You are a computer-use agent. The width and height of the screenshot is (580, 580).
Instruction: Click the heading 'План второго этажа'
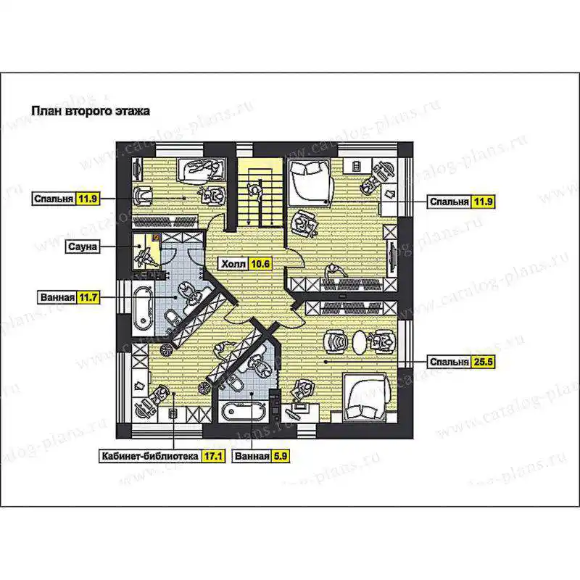[91, 111]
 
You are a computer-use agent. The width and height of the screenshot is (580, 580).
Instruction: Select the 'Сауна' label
[83, 246]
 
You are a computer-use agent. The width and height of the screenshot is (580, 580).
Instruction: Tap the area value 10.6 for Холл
[260, 264]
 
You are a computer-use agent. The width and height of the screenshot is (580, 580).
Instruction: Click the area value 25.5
[483, 361]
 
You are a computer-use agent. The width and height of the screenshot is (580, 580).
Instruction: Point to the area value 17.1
[213, 456]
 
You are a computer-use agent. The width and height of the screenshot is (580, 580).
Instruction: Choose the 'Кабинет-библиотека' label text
[150, 456]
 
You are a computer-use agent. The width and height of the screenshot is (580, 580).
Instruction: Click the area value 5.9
[280, 456]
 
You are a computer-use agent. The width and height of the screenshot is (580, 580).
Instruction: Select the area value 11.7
[88, 297]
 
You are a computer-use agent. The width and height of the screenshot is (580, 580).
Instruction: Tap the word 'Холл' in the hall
[233, 264]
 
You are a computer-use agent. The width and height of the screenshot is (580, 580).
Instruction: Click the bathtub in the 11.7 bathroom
[143, 307]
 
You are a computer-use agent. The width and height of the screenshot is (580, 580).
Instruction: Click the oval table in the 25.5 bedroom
[358, 341]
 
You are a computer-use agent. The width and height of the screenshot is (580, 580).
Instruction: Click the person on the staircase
[255, 191]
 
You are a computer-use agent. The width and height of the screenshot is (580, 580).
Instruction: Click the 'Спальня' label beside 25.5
[449, 361]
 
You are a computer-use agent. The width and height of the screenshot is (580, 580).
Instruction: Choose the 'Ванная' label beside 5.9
[252, 456]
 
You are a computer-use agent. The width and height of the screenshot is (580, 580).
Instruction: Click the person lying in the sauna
[146, 256]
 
